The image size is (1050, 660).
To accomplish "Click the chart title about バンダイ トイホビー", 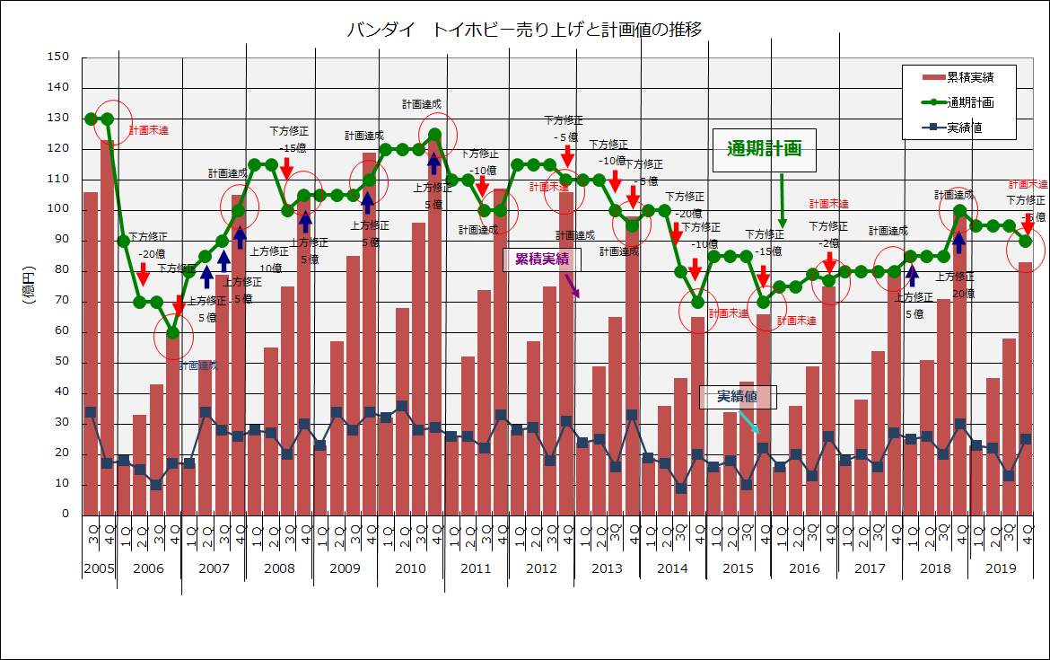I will [x=524, y=30].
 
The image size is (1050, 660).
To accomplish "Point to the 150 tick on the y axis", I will [x=58, y=57].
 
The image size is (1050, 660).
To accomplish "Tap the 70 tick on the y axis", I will [x=61, y=301].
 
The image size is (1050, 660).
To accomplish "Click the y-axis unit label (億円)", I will [x=28, y=286].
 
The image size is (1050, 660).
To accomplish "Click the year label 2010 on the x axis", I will [x=410, y=568].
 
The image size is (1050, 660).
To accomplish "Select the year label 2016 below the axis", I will [x=804, y=568].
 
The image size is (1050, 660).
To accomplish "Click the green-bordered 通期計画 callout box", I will [x=764, y=149].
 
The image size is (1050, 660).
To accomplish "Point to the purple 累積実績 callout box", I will [x=542, y=260].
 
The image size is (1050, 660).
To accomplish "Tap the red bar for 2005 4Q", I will [x=107, y=328].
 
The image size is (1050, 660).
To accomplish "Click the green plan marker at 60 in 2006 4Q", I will [x=172, y=333].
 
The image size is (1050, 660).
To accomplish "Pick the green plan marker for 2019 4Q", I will [x=1026, y=241].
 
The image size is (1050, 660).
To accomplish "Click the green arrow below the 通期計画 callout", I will [x=782, y=201].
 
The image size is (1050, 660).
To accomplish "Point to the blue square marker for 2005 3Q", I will [x=91, y=412].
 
